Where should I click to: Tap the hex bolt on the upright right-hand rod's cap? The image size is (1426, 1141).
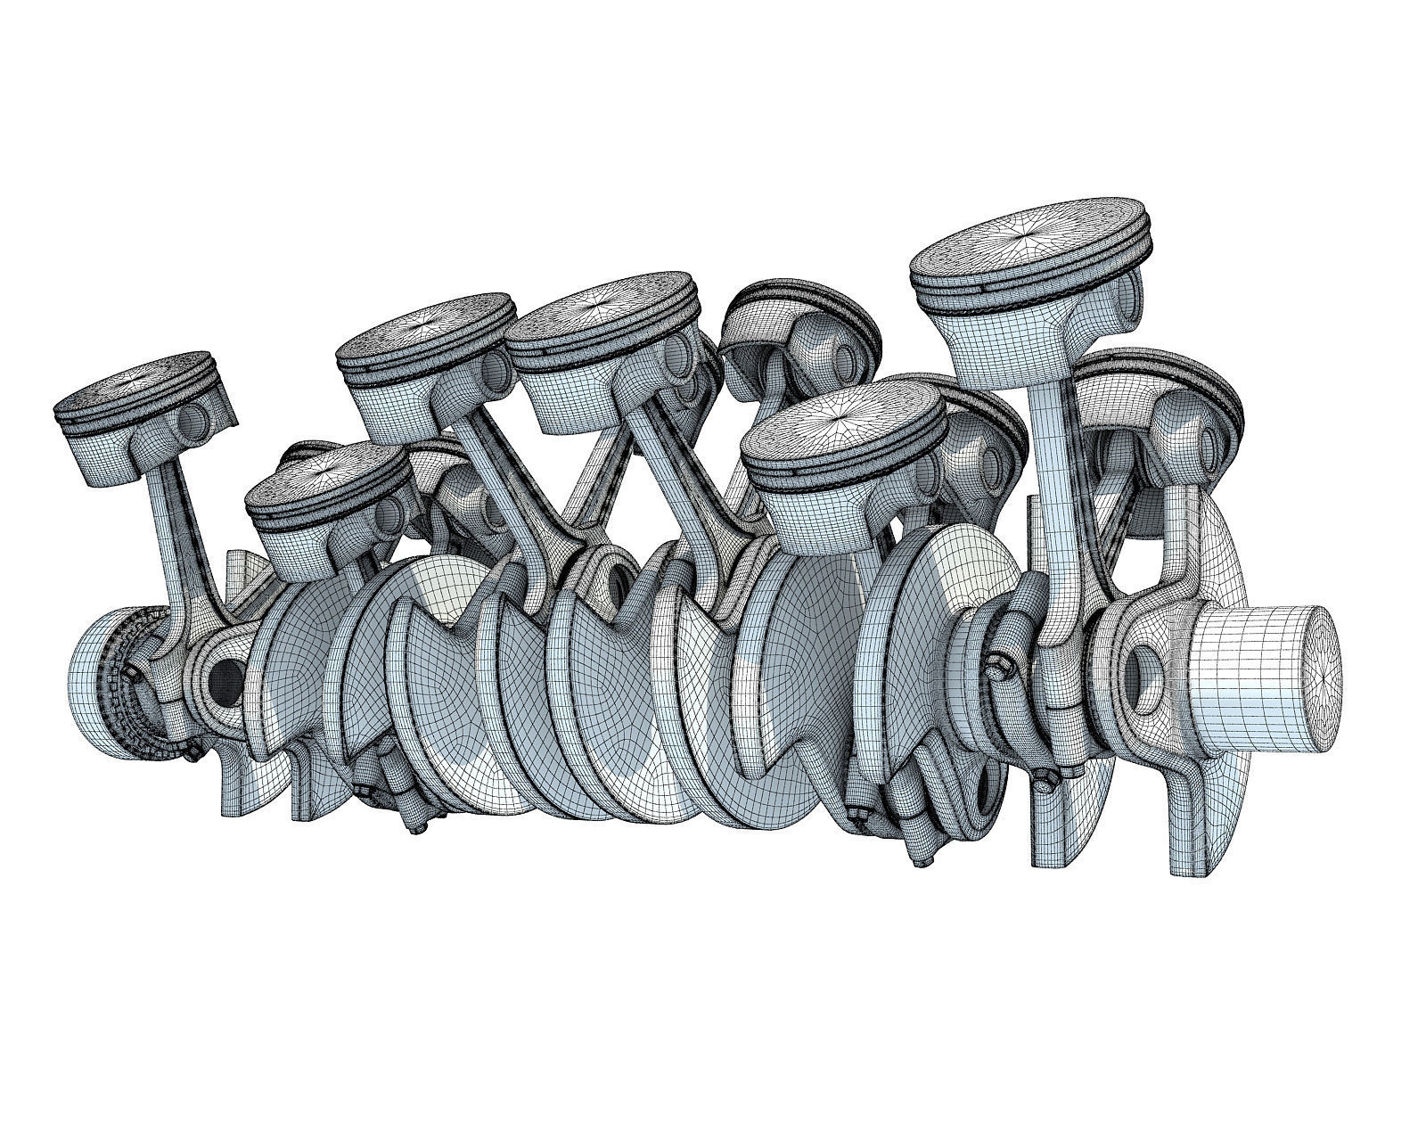point(996,661)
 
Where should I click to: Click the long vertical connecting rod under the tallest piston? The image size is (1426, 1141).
point(1056,499)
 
